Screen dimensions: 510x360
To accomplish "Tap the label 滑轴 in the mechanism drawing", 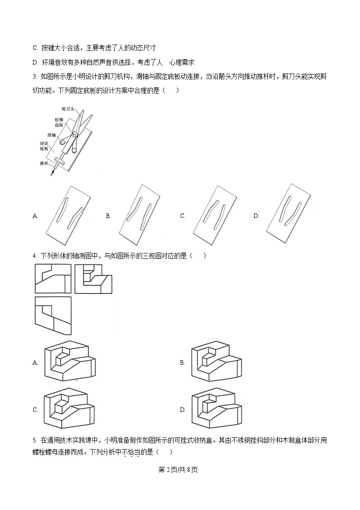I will tap(51, 135).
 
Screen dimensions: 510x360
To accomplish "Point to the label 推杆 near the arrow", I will tap(44, 162).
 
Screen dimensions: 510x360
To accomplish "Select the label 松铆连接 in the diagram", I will tap(59, 122).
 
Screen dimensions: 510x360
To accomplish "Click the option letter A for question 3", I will tap(35, 216).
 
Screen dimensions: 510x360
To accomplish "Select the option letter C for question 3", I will tap(182, 216).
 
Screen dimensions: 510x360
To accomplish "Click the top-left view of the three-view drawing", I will tap(53, 278).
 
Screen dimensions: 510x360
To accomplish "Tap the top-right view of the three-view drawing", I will tap(93, 278).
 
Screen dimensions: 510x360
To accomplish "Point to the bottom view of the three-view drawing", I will tap(53, 316).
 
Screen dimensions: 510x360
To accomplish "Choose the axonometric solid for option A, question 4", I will tap(70, 359).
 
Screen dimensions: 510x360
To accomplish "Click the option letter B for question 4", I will tap(182, 362).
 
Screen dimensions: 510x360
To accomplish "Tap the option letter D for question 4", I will tap(182, 410).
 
